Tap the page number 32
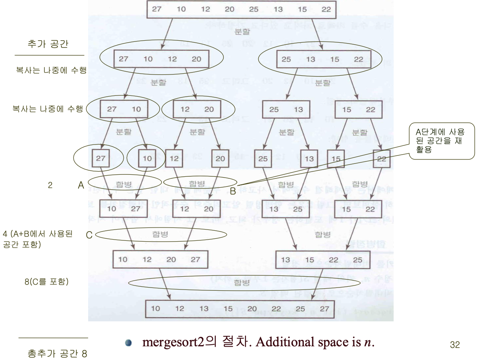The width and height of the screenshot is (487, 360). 455,345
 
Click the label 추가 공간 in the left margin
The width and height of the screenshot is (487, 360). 48,44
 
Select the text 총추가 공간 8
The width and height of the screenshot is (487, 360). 58,354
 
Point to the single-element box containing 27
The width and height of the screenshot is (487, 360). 101,158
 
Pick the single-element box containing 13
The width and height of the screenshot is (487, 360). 309,159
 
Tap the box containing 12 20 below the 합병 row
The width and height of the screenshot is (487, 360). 197,209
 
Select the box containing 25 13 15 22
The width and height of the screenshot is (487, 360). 322,59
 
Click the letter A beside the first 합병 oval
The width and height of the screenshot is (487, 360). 81,185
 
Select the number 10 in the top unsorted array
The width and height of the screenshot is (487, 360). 181,9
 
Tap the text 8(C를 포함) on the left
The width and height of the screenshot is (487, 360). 46,282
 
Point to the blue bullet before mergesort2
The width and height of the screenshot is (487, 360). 128,343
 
